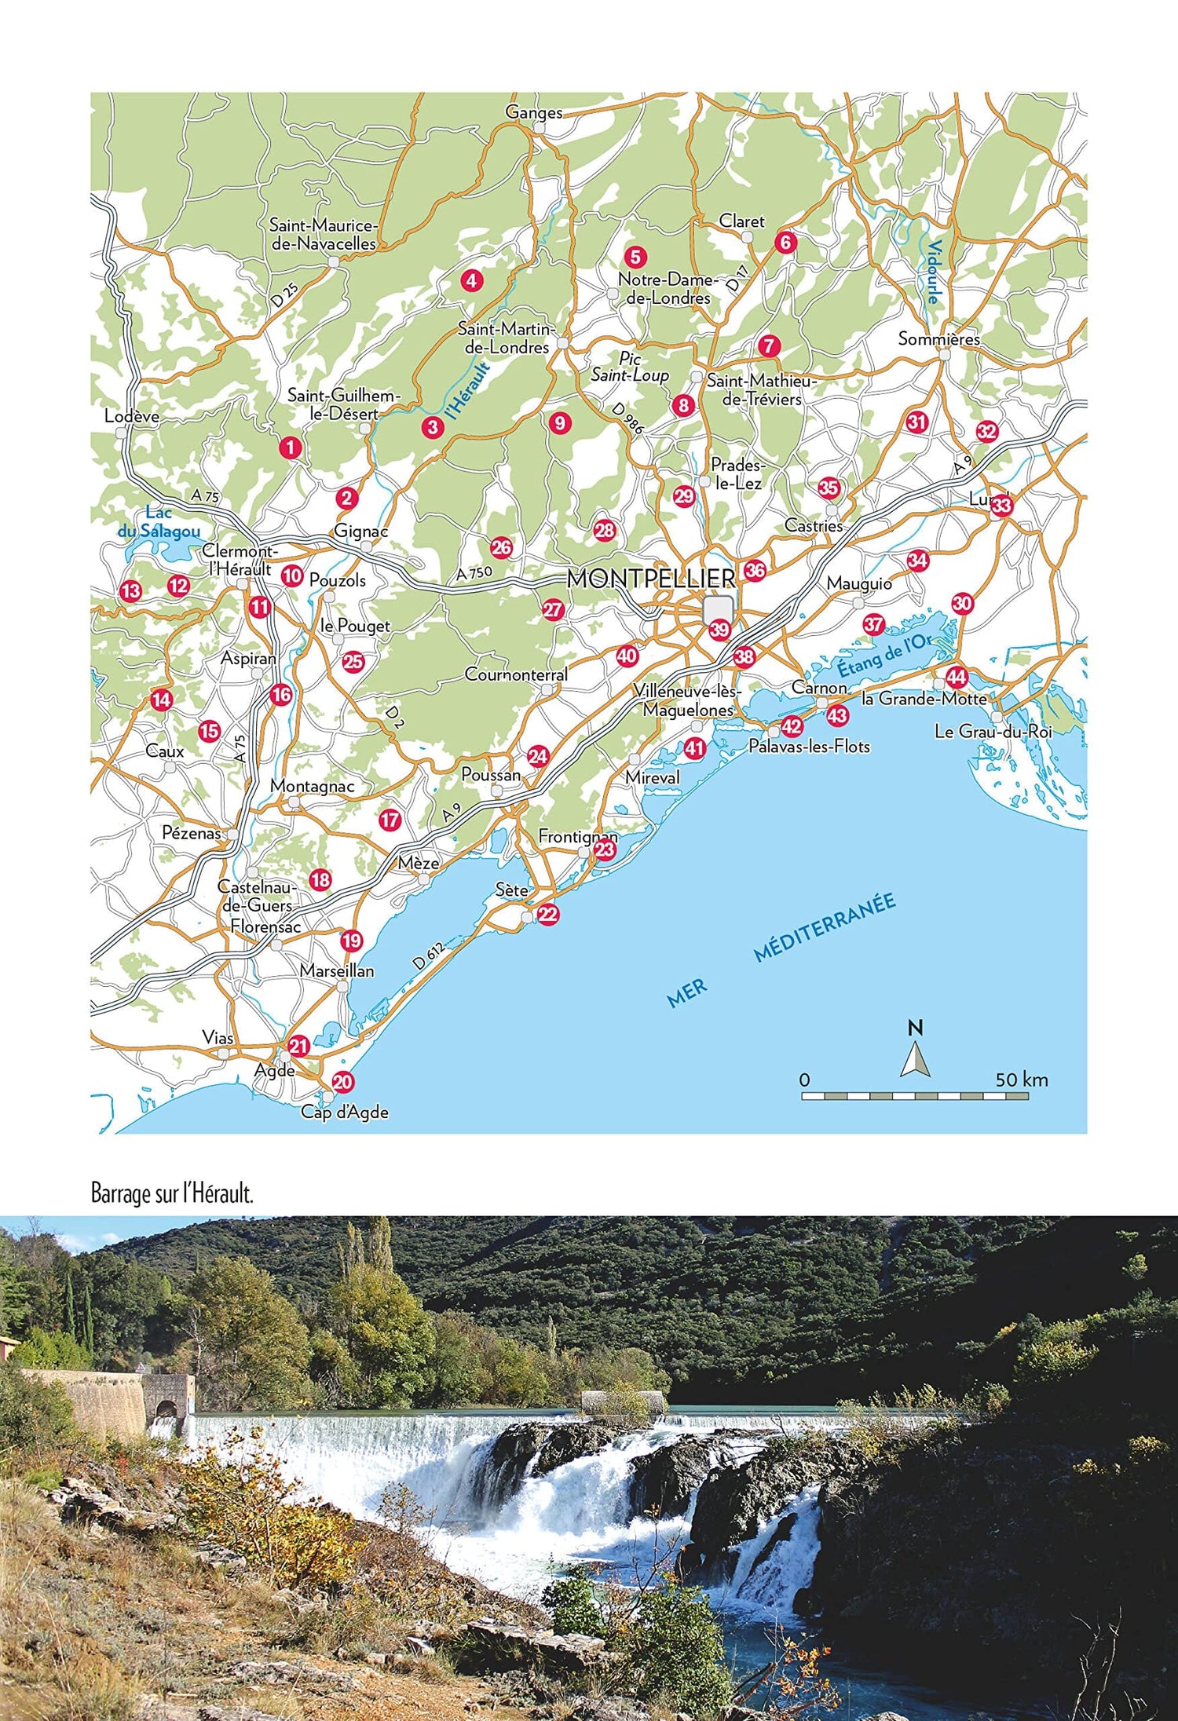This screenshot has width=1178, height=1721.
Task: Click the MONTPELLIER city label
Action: tap(650, 579)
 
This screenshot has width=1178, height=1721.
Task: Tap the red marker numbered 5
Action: tap(635, 257)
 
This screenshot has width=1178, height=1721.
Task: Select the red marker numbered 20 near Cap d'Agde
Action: tap(342, 1082)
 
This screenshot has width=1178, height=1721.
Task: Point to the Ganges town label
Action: tap(534, 112)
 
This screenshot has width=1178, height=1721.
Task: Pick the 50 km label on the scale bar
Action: tap(1021, 1080)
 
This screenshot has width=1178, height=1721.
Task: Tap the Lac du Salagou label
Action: tap(159, 522)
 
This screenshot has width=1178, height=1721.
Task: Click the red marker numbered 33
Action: tap(1001, 506)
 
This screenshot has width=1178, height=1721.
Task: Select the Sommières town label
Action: tap(938, 339)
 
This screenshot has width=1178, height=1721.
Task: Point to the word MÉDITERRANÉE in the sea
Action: tap(825, 927)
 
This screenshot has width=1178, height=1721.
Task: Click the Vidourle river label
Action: tap(932, 270)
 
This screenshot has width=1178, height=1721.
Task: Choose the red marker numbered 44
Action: tap(956, 677)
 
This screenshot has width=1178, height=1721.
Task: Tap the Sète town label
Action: tap(511, 890)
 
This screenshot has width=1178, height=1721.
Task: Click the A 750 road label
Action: tap(474, 574)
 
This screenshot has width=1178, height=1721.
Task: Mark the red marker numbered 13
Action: tap(130, 591)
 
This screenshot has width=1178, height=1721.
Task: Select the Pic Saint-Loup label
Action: tap(630, 367)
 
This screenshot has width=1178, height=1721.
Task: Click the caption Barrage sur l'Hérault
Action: tap(172, 1195)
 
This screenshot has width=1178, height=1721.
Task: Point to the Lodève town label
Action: tap(131, 416)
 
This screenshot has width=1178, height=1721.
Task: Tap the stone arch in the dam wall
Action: tap(166, 1410)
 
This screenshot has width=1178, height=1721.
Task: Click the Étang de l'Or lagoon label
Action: tap(883, 656)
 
